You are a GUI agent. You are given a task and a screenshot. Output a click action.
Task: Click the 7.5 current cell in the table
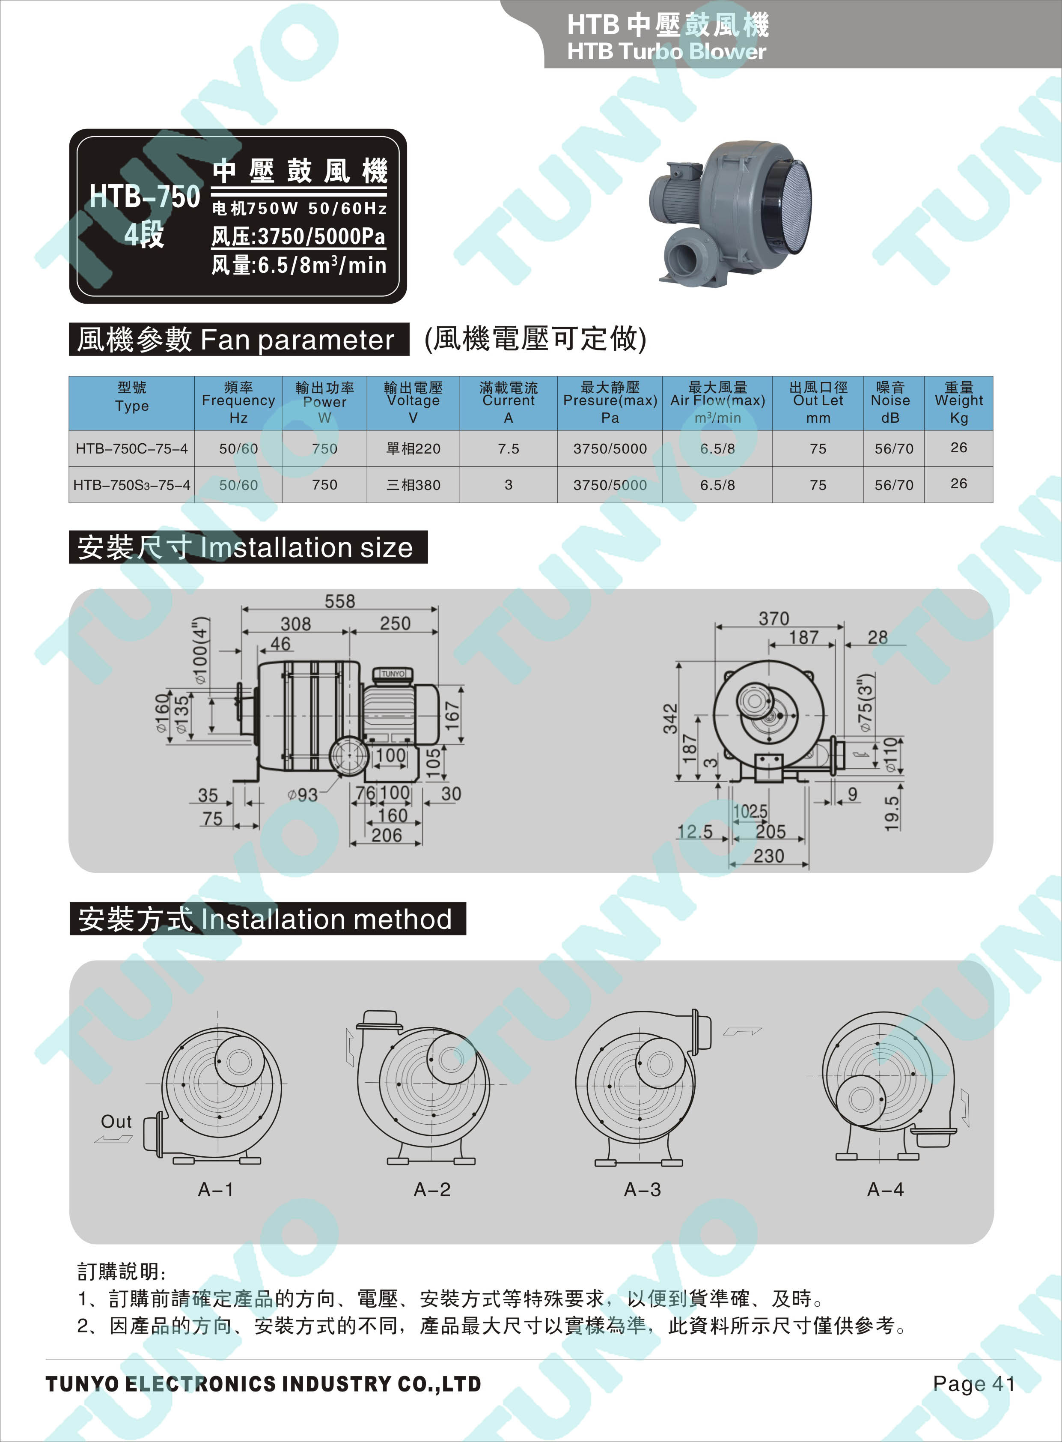[x=508, y=448]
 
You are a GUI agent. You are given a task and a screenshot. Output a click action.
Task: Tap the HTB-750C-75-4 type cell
[x=132, y=448]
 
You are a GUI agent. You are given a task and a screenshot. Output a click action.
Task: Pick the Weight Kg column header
[x=958, y=403]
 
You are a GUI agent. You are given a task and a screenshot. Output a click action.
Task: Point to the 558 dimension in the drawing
[x=339, y=601]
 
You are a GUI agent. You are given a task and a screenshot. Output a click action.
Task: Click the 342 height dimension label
[x=670, y=718]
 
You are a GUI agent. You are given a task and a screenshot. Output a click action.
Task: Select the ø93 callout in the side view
[x=302, y=795]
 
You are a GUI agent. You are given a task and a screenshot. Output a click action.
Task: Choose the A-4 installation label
[x=885, y=1189]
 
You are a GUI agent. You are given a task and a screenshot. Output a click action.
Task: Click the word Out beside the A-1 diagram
[x=116, y=1121]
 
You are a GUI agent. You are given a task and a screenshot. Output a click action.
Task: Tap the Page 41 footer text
[x=974, y=1383]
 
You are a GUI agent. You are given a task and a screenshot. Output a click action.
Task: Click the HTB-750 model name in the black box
[x=145, y=196]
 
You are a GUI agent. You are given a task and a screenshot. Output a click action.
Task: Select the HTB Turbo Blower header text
[x=666, y=51]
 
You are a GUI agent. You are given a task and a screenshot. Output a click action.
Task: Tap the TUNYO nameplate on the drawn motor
[x=393, y=673]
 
